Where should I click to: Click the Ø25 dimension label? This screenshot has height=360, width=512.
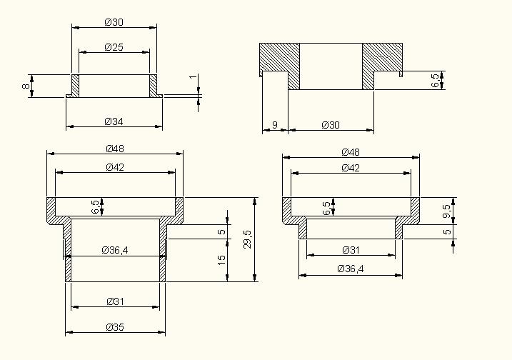[x=114, y=47]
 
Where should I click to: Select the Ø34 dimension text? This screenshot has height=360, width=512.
[x=114, y=122]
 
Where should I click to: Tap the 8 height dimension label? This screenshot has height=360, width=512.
[x=26, y=86]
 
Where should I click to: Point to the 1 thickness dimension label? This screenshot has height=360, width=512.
[x=194, y=77]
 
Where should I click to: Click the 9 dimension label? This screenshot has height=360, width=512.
[x=275, y=125]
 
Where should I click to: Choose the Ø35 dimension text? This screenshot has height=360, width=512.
[x=115, y=327]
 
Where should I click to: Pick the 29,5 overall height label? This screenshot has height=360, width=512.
[x=248, y=239]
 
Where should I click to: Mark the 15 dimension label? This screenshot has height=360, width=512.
[x=221, y=260]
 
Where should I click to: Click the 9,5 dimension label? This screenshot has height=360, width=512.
[x=447, y=211]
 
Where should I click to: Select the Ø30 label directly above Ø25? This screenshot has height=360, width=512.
[x=114, y=22]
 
